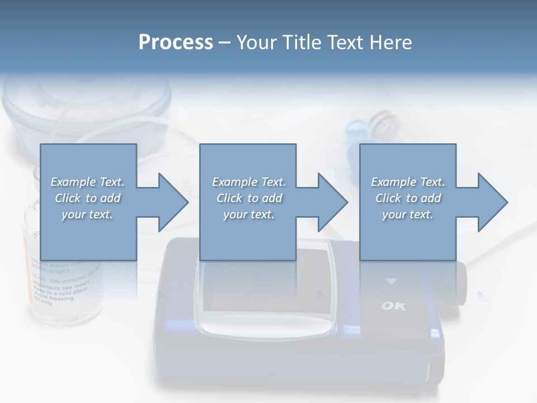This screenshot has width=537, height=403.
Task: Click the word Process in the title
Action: coord(176,43)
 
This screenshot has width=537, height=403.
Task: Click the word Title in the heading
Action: coord(309,43)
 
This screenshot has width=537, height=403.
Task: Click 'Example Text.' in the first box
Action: coord(87,182)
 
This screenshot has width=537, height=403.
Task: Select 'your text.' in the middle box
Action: coord(248,214)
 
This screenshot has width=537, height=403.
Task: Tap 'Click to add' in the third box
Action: coord(408,198)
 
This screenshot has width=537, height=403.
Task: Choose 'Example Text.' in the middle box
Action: coord(248,182)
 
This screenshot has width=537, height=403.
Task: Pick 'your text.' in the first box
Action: coord(87,214)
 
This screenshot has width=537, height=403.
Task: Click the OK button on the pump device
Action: coord(393,306)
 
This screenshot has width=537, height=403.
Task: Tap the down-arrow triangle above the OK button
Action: coord(390,282)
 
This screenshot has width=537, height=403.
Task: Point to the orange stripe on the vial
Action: coord(26,263)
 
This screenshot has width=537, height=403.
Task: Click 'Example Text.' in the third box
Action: coord(408,182)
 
